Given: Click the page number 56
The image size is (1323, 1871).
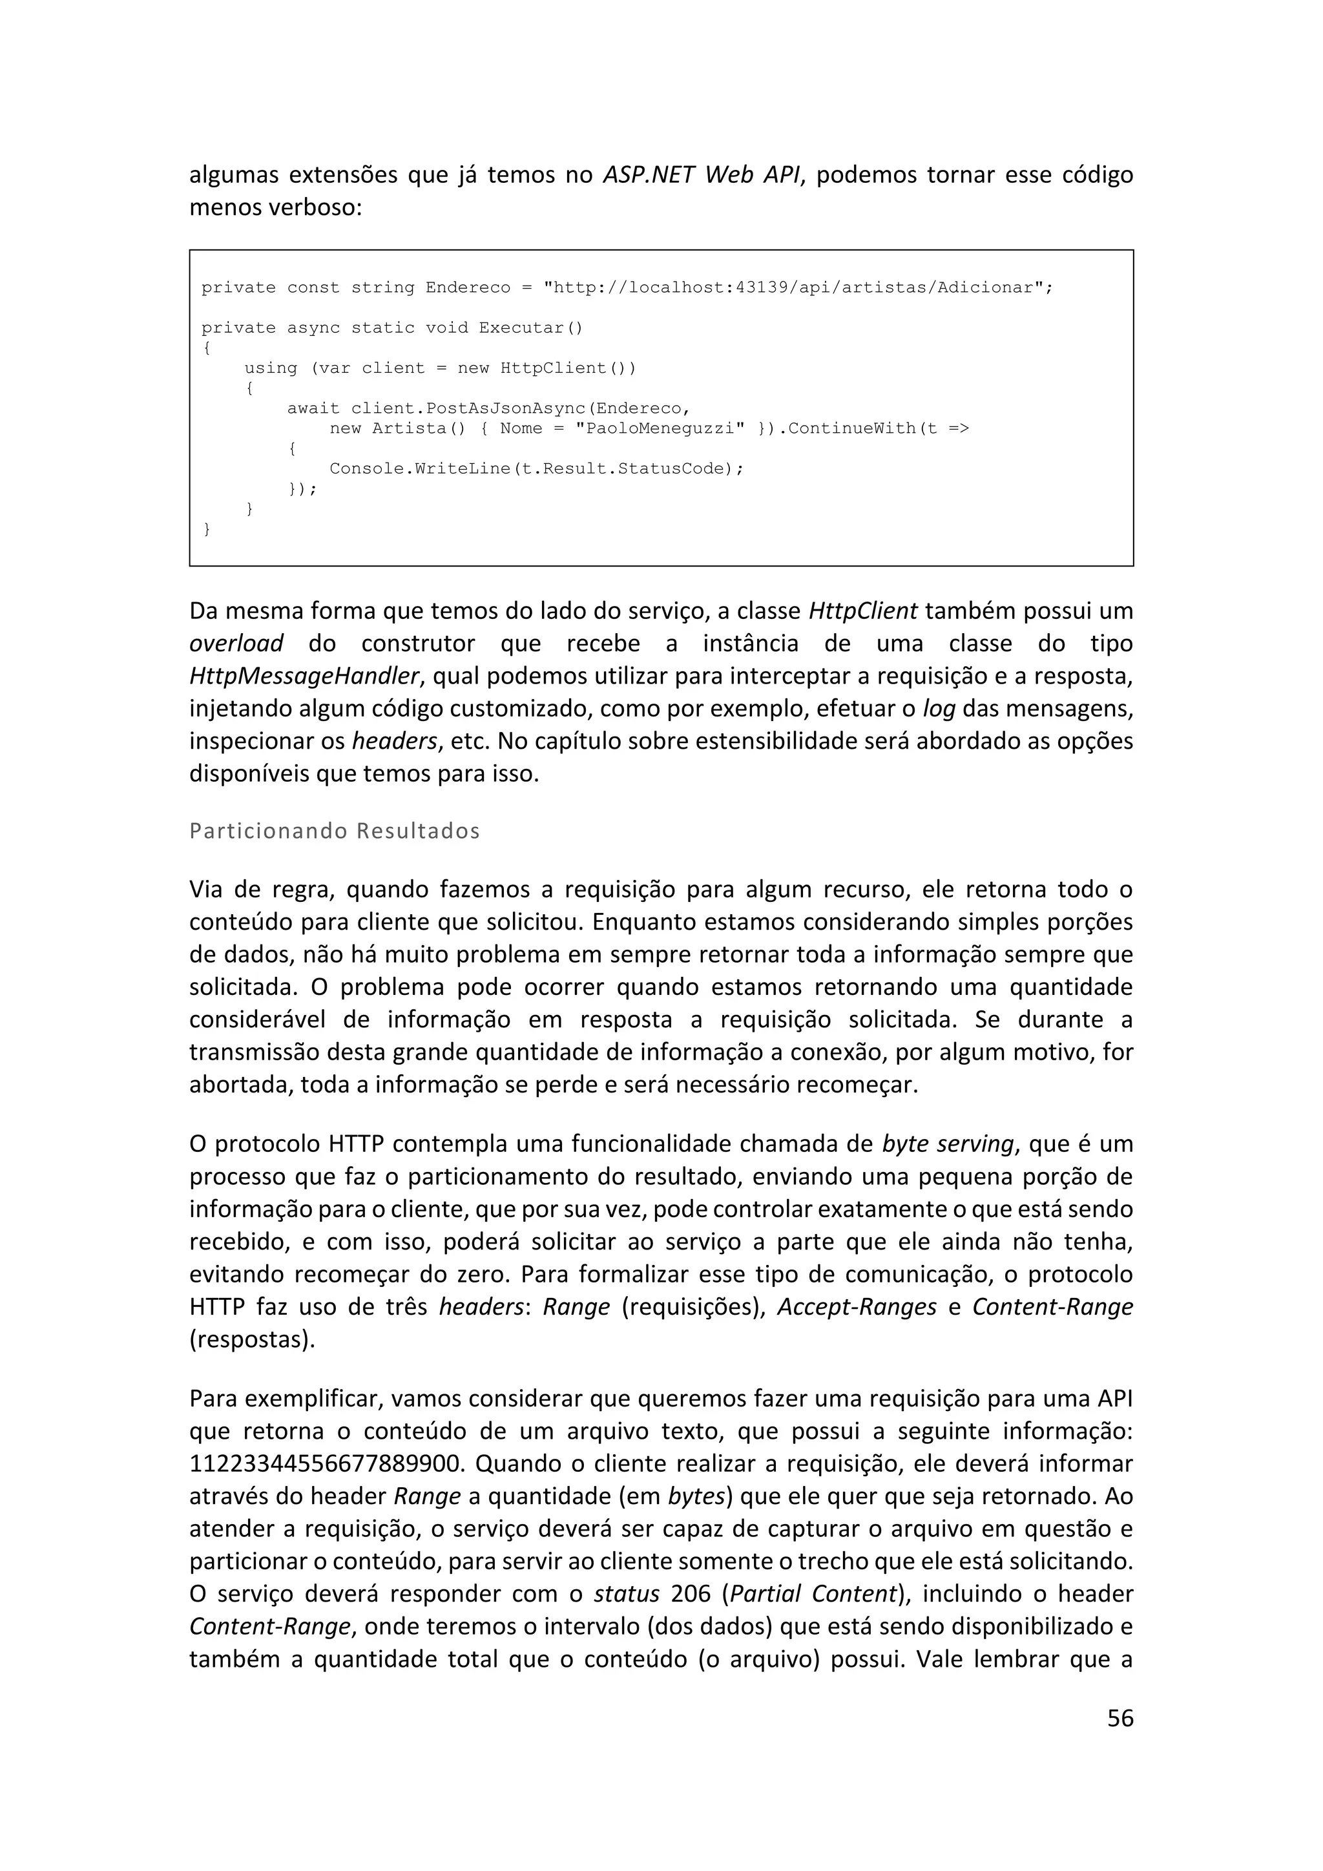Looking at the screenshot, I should [x=1120, y=1717].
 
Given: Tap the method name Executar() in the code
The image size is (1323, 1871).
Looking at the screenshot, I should [x=530, y=328].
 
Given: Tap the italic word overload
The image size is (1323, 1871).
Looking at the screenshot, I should [x=236, y=643].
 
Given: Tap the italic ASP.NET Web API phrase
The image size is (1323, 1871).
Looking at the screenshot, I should [x=701, y=174].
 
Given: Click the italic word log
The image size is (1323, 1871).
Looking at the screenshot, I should [x=939, y=708].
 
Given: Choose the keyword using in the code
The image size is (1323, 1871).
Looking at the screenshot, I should [x=271, y=368].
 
